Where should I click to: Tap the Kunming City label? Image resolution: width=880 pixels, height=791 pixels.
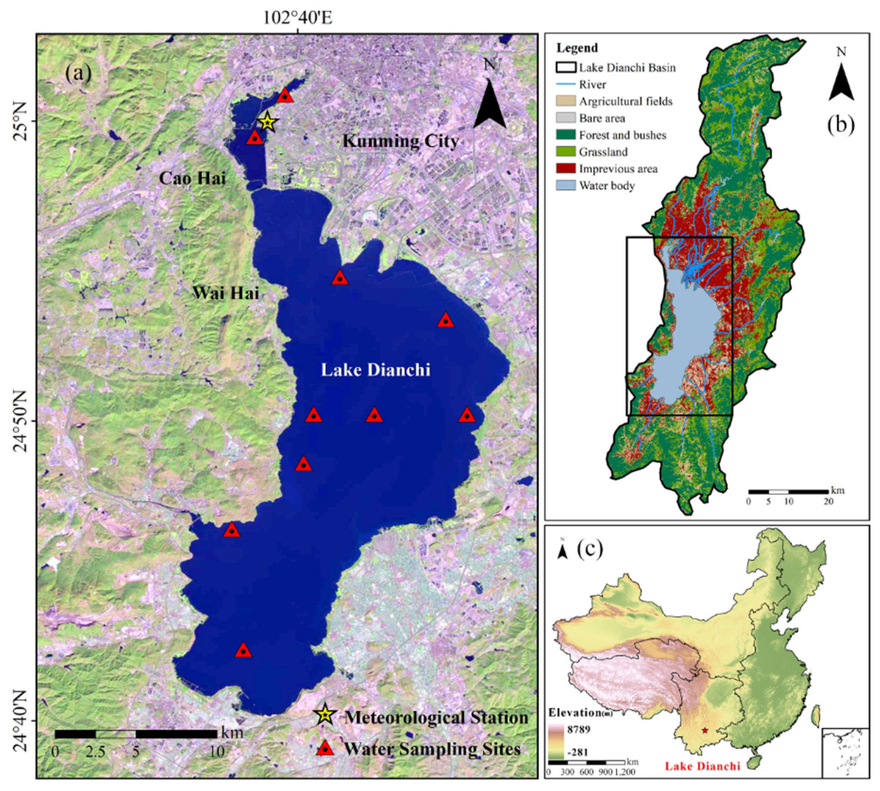[x=400, y=141]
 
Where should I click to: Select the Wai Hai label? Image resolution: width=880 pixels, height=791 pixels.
[x=226, y=293]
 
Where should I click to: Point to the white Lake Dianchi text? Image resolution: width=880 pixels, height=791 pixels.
[x=376, y=370]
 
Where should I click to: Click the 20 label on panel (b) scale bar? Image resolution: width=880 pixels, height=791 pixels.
[x=828, y=502]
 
